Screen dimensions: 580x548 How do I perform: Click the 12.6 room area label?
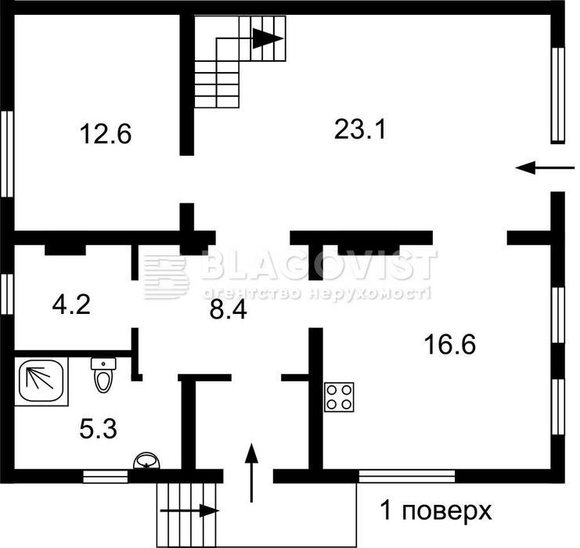(106, 134)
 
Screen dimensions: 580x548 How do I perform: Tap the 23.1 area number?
(360, 129)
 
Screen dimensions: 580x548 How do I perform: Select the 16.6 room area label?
(450, 344)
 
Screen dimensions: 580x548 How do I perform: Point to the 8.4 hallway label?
(228, 310)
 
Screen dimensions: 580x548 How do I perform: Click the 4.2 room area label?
(71, 305)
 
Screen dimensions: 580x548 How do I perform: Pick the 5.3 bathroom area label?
(98, 429)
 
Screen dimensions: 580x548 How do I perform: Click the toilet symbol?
(103, 374)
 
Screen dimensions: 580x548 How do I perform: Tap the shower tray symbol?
(41, 381)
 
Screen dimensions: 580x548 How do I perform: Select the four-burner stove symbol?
(339, 397)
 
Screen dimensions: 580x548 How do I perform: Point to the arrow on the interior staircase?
(268, 38)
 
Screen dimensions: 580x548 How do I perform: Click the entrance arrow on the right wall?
(545, 168)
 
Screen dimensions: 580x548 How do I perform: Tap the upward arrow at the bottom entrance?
(251, 473)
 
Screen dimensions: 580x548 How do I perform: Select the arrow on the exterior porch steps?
(189, 510)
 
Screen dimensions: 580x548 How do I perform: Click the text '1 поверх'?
(436, 511)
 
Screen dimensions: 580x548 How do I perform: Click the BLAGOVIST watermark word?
(319, 265)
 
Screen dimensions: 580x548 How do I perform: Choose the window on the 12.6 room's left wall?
(7, 154)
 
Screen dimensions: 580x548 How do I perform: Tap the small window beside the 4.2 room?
(7, 294)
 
